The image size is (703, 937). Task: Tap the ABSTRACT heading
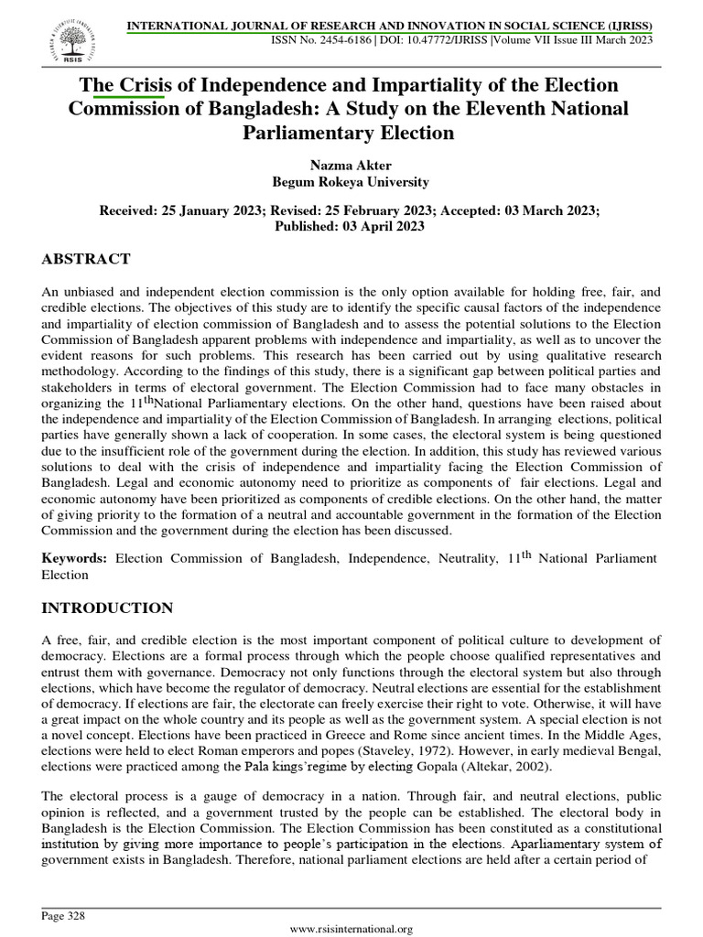[x=86, y=259]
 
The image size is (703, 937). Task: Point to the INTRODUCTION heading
[x=107, y=608]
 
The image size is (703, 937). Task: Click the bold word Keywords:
[x=75, y=558]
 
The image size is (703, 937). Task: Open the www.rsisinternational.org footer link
[x=351, y=929]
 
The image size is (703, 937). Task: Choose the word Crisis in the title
[x=145, y=85]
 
